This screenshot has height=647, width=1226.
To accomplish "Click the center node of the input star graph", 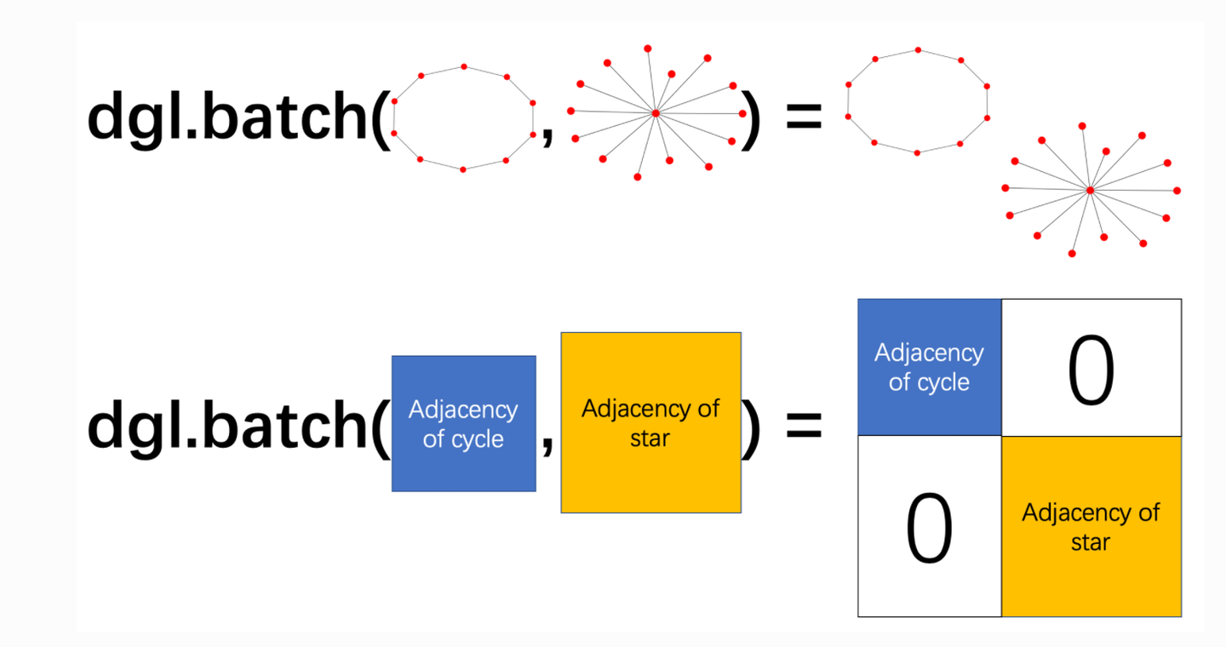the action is [x=656, y=113].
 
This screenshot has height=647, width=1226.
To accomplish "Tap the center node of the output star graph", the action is [x=1091, y=191].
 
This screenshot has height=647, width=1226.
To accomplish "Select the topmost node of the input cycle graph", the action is [x=464, y=66].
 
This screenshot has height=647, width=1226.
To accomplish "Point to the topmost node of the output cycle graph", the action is [x=919, y=50].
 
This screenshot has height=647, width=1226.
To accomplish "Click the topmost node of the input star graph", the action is [x=647, y=49].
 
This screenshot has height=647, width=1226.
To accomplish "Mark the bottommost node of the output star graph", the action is [x=1072, y=254].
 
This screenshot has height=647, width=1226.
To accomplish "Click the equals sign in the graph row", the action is [x=804, y=116].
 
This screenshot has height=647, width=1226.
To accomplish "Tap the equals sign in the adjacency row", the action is [x=804, y=426].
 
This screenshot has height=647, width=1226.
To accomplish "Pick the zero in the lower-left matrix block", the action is [x=930, y=527].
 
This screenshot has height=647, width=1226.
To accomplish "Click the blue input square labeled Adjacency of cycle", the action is [x=463, y=424].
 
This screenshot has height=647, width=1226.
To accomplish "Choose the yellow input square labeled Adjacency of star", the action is [x=650, y=422].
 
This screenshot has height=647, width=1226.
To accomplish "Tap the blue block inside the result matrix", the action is [x=930, y=367].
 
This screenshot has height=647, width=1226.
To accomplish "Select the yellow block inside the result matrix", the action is [x=1091, y=527].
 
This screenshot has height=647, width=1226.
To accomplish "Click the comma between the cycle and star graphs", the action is [x=547, y=135].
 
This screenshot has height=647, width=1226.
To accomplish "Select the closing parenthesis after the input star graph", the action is [x=750, y=118].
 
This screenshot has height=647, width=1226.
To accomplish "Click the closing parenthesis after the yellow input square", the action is [x=751, y=427].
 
